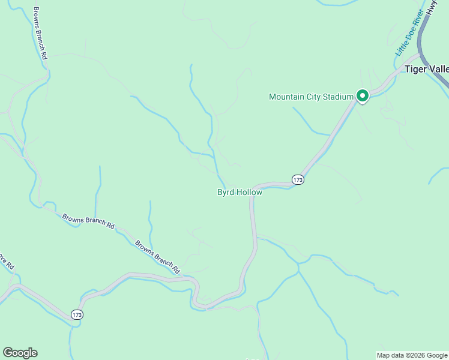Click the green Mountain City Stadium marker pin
362,96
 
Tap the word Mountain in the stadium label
287,97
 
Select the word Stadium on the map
337,97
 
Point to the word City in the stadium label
313,97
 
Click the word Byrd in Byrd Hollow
226,192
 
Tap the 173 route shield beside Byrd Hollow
298,179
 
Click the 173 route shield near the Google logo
76,314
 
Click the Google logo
20,353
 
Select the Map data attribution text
412,355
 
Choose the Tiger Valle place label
426,69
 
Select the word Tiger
415,69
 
